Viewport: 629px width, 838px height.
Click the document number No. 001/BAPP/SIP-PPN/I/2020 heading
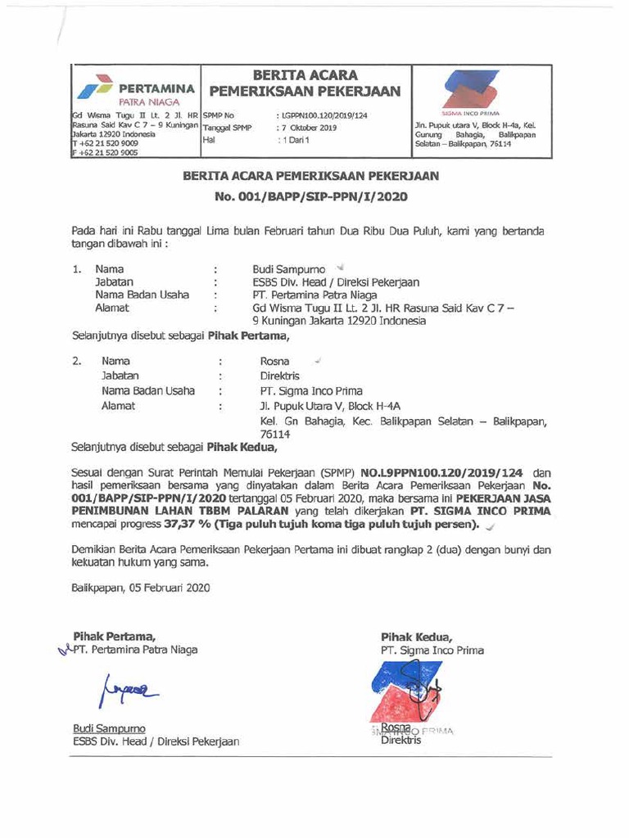point(310,196)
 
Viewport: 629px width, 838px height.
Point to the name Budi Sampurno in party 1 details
point(289,268)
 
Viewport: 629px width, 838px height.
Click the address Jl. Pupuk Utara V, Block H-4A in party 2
point(330,406)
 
